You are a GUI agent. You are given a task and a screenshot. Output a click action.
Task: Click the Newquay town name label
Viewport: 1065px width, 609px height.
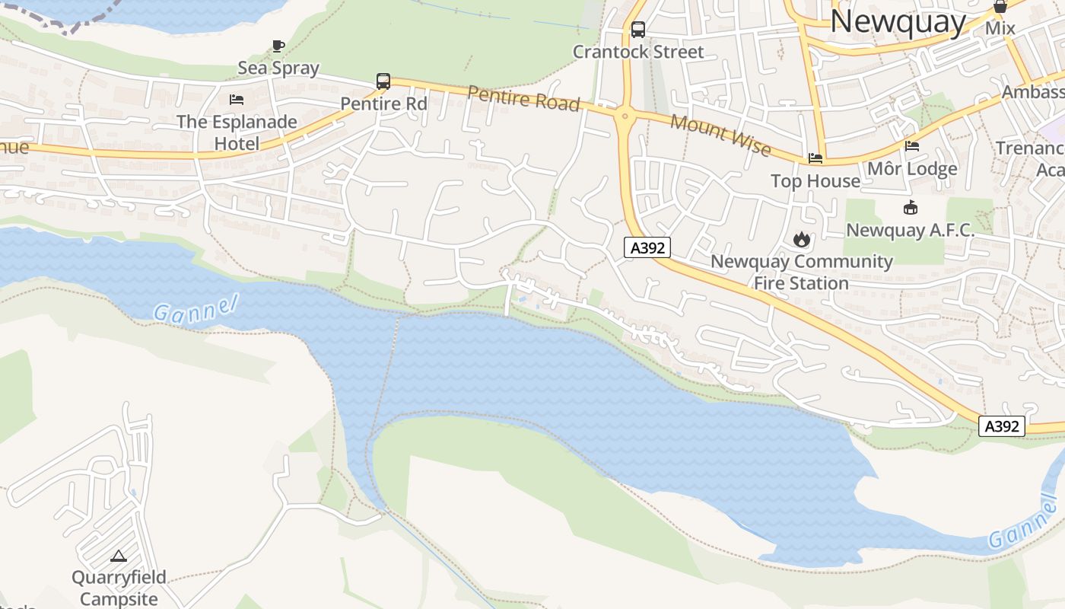[x=898, y=21]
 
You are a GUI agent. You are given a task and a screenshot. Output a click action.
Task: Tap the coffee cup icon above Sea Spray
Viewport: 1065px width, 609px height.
[x=278, y=46]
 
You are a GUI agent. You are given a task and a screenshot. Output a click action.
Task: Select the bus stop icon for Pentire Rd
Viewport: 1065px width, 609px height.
[x=383, y=81]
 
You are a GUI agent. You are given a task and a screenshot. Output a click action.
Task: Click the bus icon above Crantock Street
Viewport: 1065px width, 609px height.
[x=637, y=30]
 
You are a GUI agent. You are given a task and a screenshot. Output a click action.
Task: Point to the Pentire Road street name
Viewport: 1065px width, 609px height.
[x=523, y=98]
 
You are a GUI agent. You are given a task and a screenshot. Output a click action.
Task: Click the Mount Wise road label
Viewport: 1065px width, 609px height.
[x=720, y=134]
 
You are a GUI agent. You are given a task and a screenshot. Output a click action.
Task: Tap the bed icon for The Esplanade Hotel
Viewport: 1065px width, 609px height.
[x=237, y=100]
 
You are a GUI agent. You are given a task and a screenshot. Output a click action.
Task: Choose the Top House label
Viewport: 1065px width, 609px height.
[x=815, y=181]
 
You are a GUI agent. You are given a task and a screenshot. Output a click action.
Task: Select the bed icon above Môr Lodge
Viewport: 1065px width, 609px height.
[x=912, y=146]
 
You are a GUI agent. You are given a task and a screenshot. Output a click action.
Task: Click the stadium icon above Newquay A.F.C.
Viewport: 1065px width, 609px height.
[x=910, y=207]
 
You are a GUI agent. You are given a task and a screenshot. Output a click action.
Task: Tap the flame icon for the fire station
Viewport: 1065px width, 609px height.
[x=801, y=240]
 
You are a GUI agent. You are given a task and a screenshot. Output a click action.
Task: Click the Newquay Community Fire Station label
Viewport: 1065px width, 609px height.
[x=801, y=273]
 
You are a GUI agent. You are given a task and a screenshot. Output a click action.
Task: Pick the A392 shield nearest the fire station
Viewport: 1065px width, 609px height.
[x=647, y=247]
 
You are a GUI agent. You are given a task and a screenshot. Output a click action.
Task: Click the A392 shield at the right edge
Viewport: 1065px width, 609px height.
[x=1001, y=426]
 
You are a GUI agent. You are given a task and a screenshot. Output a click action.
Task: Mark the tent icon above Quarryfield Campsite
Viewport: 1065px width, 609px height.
[x=119, y=556]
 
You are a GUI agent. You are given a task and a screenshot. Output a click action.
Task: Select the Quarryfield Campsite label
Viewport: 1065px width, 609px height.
[x=119, y=588]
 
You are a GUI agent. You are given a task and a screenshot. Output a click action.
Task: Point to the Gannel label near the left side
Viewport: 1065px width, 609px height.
[x=196, y=309]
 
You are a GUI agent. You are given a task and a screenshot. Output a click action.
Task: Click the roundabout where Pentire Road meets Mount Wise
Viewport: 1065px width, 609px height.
[x=625, y=116]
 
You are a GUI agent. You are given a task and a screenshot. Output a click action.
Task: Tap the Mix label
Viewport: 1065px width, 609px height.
[x=1000, y=28]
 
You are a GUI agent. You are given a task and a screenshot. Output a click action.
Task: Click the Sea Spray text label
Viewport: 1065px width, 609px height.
[x=278, y=68]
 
